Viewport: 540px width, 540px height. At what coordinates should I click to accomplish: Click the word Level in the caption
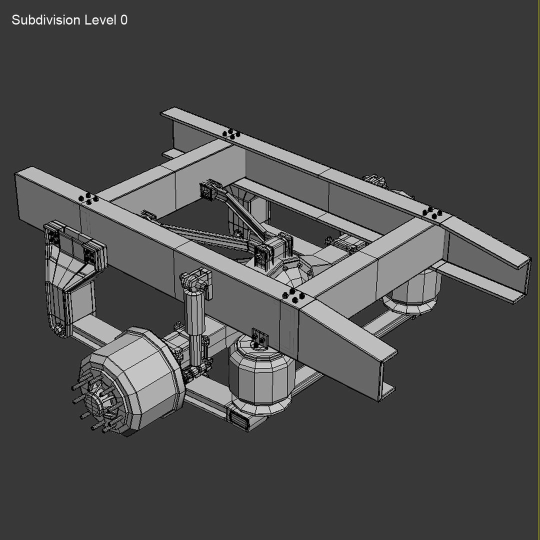[99, 20]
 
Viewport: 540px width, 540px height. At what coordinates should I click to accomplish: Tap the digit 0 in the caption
[123, 20]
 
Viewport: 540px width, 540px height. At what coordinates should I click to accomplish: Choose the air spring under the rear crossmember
[412, 292]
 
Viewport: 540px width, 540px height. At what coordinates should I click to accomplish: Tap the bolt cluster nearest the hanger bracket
[89, 198]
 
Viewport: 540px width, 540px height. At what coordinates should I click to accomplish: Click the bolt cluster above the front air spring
[294, 296]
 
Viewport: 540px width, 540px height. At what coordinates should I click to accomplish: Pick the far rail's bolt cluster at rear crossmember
[431, 212]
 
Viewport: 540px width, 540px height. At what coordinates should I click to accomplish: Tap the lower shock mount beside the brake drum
[192, 372]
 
